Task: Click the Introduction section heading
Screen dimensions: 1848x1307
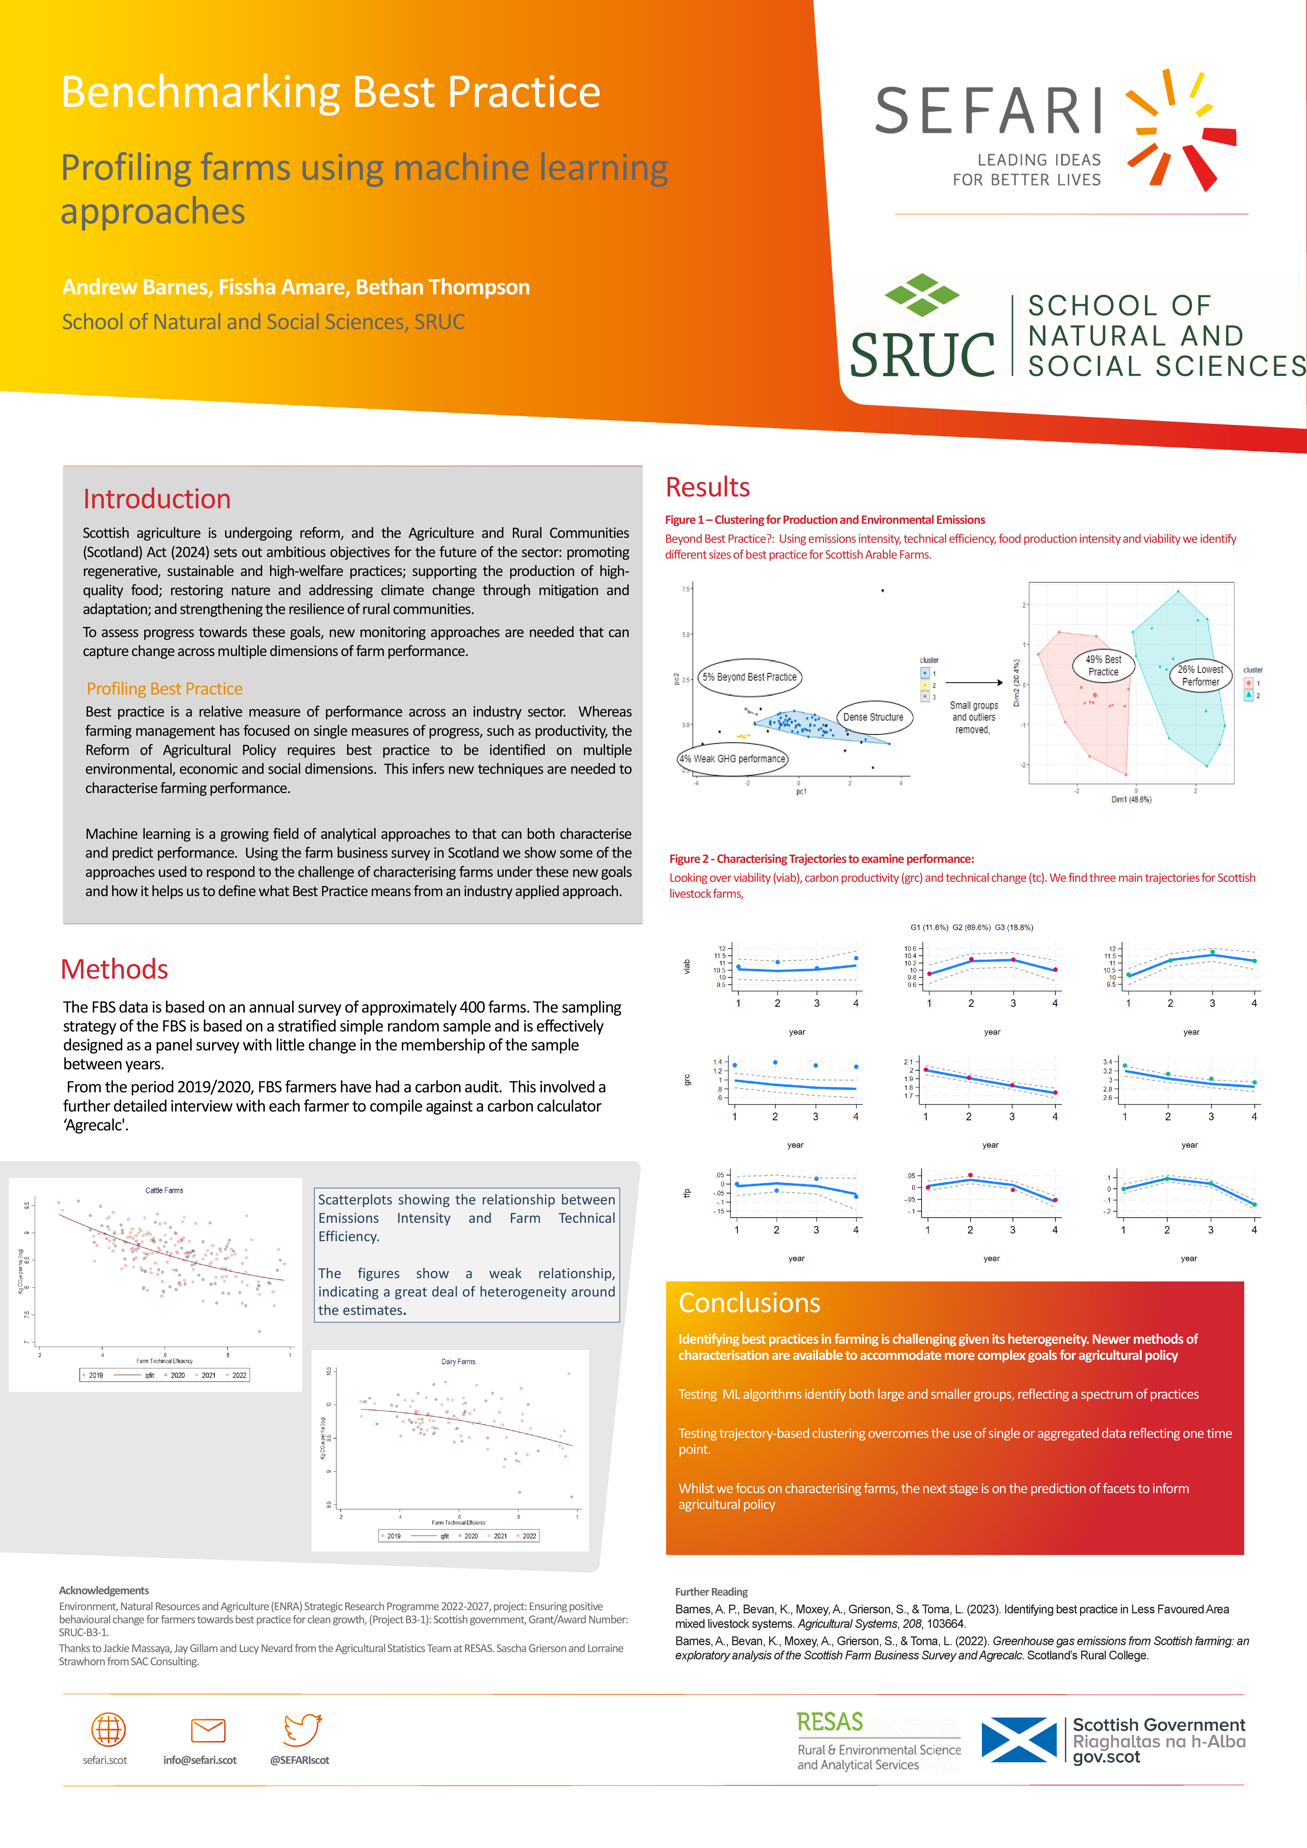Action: (157, 499)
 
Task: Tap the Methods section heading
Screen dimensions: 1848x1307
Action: (114, 969)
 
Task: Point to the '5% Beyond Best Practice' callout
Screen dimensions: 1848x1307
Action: (749, 677)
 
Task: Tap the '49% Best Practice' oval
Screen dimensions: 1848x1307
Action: (1103, 666)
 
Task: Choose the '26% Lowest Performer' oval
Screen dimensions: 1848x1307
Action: (1200, 675)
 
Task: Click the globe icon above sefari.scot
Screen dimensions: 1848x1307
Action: (108, 1729)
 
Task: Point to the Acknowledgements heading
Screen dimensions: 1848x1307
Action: (104, 1590)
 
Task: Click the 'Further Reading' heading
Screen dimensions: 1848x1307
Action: (711, 1592)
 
